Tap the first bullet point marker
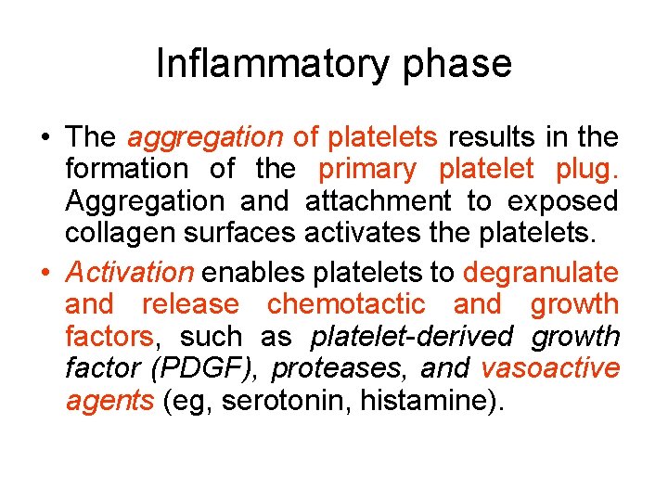44,139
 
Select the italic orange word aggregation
205,138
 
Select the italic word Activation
130,273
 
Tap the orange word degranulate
540,273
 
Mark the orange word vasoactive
549,368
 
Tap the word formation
126,169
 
